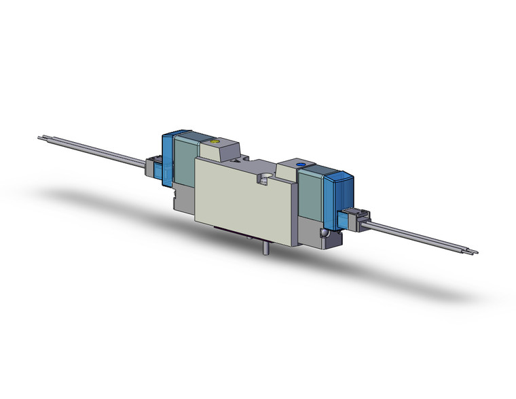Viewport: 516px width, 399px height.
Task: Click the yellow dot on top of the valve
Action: point(215,143)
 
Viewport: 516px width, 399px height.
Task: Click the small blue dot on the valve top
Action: point(300,164)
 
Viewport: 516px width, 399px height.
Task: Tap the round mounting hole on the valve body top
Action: point(265,179)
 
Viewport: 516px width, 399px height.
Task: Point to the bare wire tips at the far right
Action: point(473,253)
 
